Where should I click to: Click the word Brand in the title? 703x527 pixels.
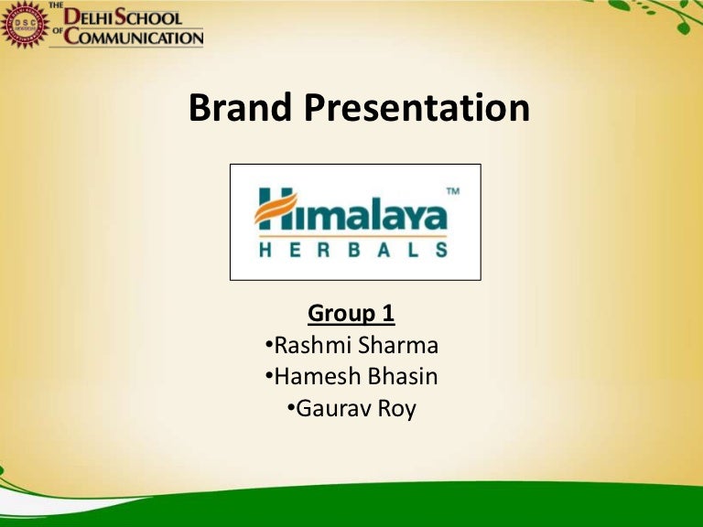pos(240,107)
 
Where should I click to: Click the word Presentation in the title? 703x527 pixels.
pos(417,108)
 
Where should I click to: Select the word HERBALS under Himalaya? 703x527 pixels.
pos(353,250)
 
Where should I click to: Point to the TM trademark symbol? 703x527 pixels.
pos(453,192)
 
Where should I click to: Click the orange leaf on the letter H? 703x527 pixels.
pos(276,208)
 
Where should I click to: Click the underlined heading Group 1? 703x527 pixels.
pos(351,313)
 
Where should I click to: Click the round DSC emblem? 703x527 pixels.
pos(25,25)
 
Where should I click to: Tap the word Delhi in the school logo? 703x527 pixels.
pos(88,18)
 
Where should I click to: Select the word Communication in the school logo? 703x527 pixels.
pos(134,37)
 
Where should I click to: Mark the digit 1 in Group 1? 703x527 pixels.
pos(388,313)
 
